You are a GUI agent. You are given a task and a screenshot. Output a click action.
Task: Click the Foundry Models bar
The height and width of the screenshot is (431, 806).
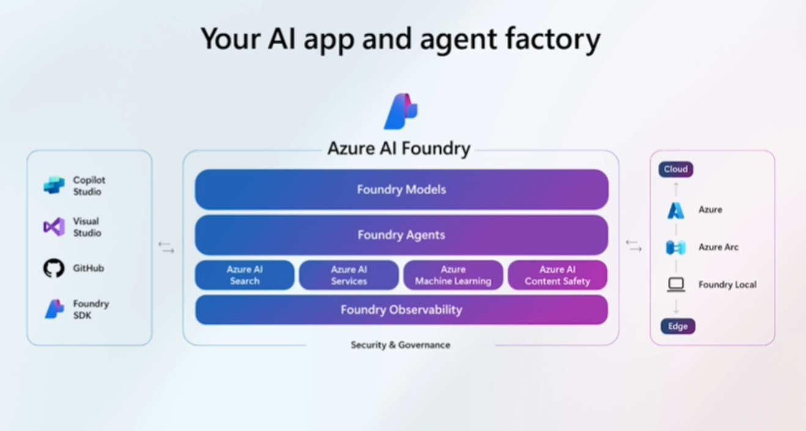click(401, 190)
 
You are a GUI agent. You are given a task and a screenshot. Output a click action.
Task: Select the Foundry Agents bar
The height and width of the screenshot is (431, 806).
click(401, 235)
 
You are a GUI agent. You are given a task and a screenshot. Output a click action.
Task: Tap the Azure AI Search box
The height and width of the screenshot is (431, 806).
click(245, 275)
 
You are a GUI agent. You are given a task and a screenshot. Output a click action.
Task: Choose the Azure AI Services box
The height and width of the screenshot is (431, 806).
click(349, 275)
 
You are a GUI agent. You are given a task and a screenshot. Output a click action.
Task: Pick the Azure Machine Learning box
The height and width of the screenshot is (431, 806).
click(453, 275)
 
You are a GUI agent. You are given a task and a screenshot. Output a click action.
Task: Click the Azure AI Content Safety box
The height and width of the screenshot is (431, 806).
click(557, 275)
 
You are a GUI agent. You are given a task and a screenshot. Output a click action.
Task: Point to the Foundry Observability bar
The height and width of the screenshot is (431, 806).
click(401, 310)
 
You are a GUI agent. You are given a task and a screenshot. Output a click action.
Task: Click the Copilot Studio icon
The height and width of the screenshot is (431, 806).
click(54, 185)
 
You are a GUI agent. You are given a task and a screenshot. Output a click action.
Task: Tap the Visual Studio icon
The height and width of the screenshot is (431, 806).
click(54, 227)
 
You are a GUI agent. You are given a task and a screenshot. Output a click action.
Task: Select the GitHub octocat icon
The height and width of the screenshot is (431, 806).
click(54, 268)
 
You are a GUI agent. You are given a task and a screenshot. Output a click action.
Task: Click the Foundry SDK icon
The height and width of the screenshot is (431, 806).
click(54, 309)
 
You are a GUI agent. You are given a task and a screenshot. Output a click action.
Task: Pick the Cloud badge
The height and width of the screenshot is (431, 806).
click(676, 169)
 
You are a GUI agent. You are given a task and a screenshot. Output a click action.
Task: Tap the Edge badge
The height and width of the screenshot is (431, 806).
click(678, 326)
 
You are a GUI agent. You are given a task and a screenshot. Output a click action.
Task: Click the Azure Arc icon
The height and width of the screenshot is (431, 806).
click(676, 247)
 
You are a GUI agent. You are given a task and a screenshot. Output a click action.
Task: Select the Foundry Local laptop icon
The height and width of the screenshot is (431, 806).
click(676, 284)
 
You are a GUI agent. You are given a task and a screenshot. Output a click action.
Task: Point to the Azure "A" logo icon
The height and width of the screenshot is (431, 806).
click(676, 210)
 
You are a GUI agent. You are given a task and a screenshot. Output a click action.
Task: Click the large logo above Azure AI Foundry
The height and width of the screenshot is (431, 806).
click(401, 111)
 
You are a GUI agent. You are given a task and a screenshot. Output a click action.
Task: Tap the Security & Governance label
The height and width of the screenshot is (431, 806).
click(401, 345)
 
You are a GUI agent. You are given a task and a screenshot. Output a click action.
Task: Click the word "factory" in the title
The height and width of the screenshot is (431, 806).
click(553, 39)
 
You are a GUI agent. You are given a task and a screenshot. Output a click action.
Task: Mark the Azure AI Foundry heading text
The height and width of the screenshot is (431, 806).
click(399, 149)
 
